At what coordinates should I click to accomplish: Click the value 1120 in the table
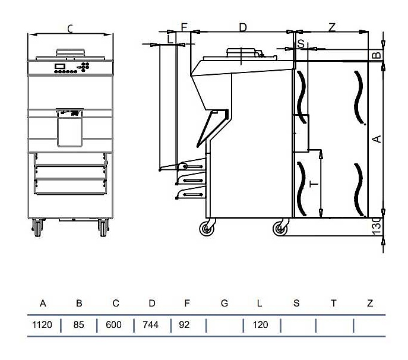tap(43, 325)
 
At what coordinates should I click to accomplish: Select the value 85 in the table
tap(79, 325)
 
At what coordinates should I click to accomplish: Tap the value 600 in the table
tap(115, 325)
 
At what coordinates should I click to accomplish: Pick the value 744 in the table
tap(151, 325)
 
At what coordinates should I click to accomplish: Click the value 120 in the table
tap(260, 325)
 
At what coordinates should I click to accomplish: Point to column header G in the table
tap(224, 304)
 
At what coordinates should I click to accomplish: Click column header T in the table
tap(333, 304)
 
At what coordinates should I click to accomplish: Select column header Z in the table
tap(370, 304)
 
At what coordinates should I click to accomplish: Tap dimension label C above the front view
tap(70, 28)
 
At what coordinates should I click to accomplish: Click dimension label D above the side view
tap(242, 27)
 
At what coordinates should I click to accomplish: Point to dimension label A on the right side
tap(375, 138)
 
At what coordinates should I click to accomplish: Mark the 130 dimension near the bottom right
tap(375, 227)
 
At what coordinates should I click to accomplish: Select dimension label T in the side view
tap(314, 184)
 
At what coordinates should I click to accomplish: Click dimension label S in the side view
tap(301, 43)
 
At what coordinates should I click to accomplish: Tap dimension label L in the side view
tap(170, 39)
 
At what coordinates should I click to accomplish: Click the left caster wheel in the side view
tap(207, 228)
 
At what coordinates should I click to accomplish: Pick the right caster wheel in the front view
tap(104, 228)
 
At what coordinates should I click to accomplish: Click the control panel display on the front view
tap(60, 66)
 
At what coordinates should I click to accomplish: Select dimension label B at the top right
tap(375, 55)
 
